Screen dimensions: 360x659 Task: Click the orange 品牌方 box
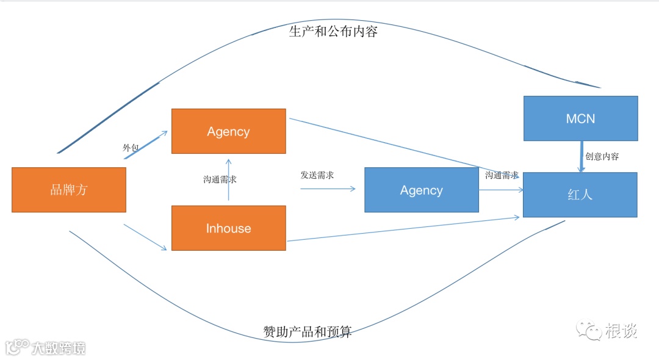[69, 190]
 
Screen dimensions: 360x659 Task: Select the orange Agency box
[228, 131]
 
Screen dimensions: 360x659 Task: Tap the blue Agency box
[421, 190]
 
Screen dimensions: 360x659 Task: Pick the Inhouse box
[228, 228]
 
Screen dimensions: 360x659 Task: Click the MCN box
[580, 118]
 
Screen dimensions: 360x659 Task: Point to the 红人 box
[580, 195]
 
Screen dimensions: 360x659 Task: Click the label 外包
[131, 148]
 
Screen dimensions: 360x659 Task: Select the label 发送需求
[317, 175]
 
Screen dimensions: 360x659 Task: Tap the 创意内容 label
[602, 156]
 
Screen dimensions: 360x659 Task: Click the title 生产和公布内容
[333, 32]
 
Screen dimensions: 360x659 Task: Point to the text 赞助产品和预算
[308, 332]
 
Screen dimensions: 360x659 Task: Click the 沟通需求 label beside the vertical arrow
[220, 179]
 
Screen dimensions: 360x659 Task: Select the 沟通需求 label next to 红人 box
[502, 175]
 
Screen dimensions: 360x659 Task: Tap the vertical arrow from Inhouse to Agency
[229, 179]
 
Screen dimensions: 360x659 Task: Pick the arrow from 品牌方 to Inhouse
[145, 237]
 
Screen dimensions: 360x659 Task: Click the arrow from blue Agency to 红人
[500, 190]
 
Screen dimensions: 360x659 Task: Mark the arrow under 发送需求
[328, 189]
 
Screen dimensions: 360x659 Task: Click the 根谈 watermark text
[621, 331]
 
